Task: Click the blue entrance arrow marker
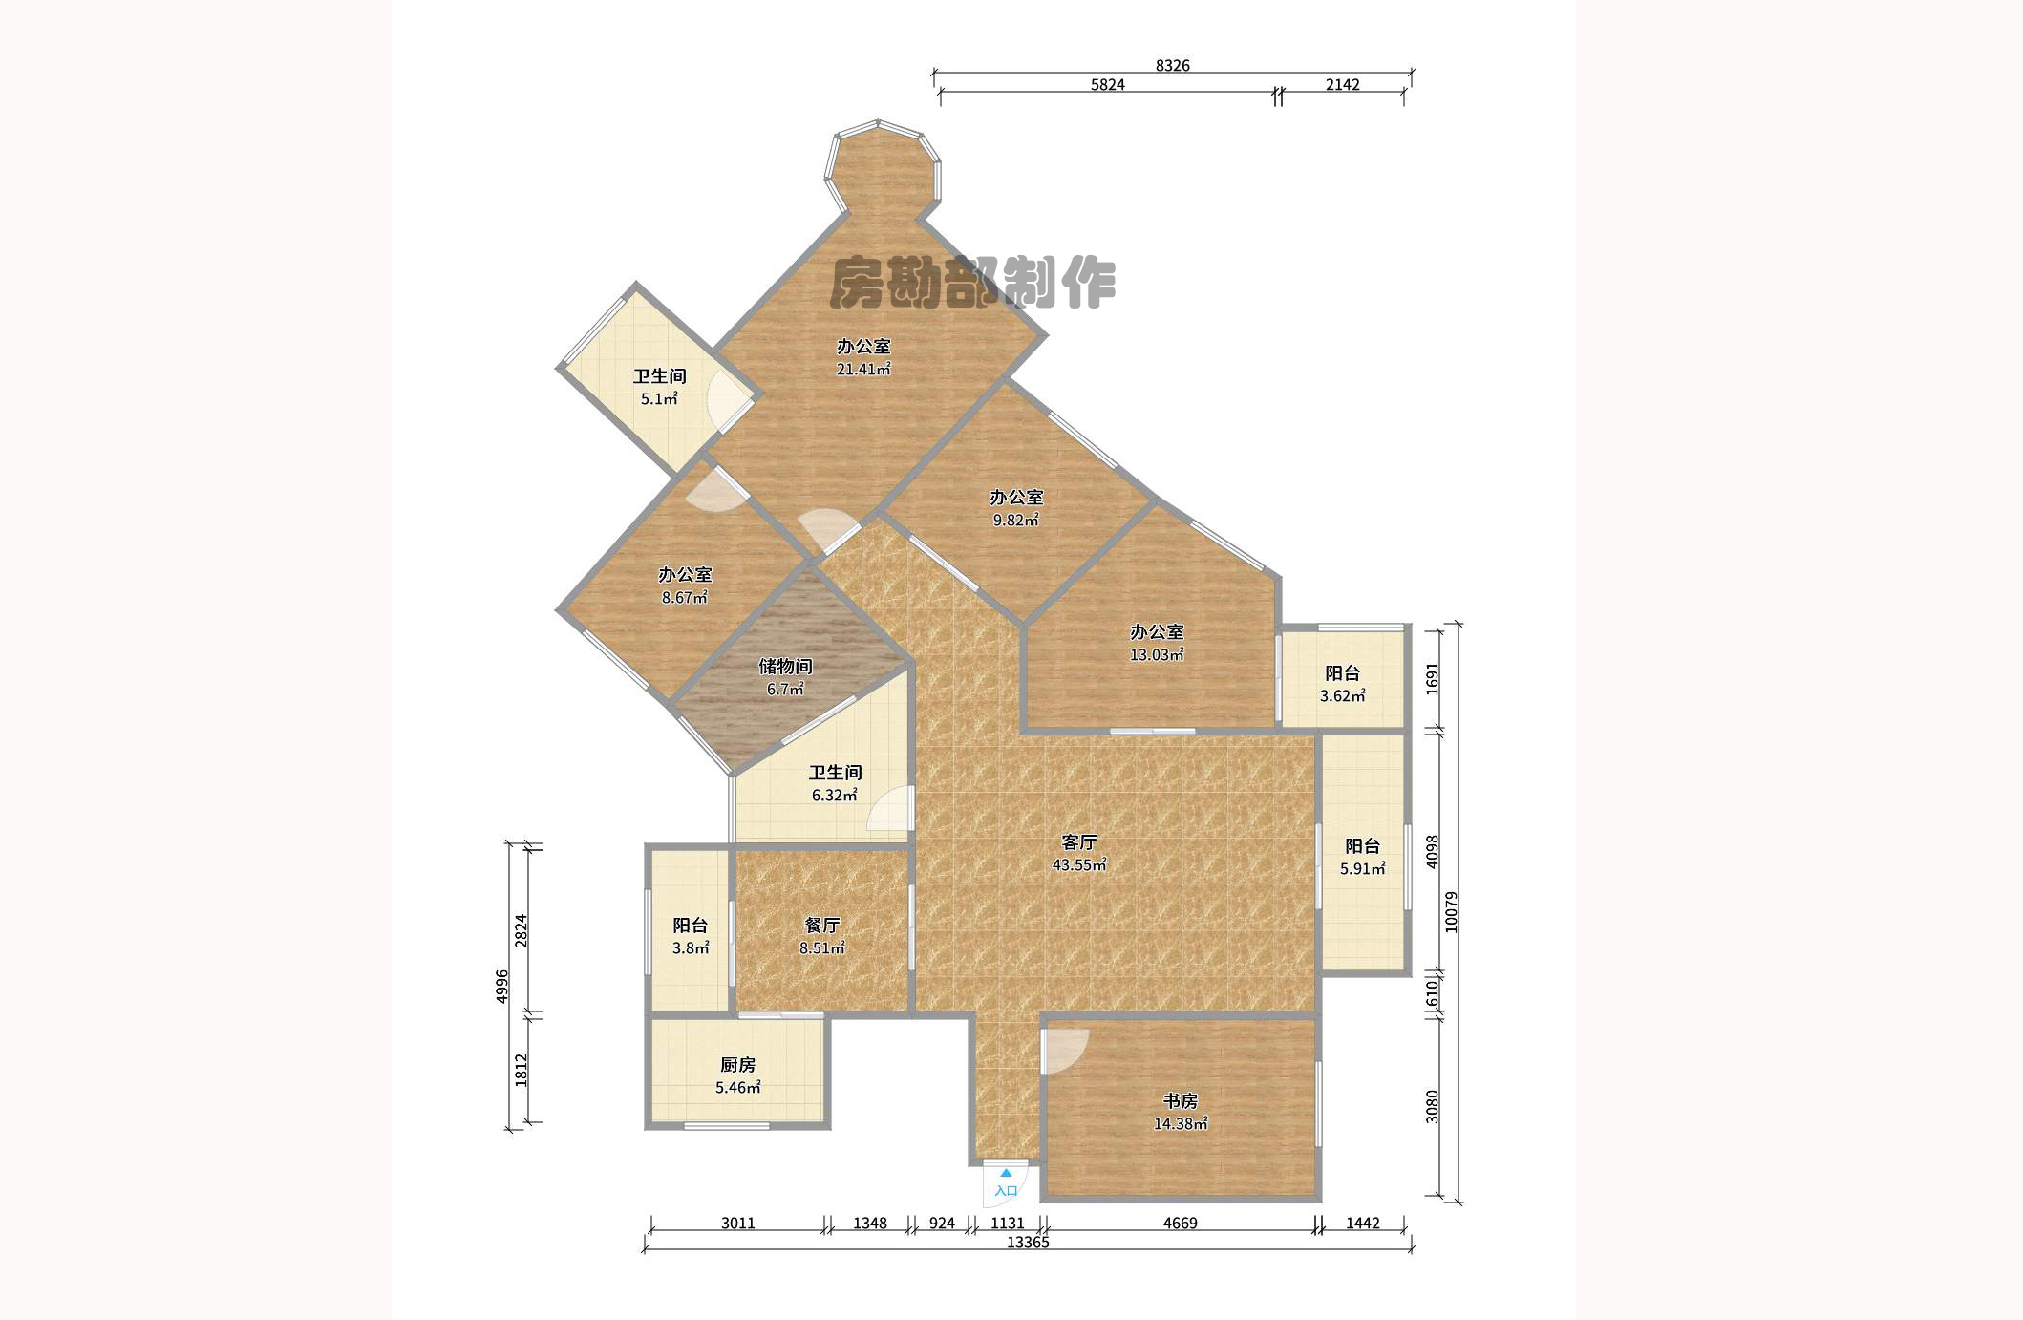[x=1006, y=1173]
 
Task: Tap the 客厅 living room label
[x=1079, y=842]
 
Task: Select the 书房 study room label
[x=1180, y=1101]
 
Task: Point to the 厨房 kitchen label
[x=737, y=1065]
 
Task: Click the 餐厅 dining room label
[x=821, y=926]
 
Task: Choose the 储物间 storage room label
[x=785, y=667]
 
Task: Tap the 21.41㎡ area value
[x=863, y=370]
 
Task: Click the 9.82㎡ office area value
[x=1015, y=521]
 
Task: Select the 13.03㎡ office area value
[x=1157, y=655]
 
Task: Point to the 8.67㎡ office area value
[x=685, y=598]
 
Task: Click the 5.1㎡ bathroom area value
[x=659, y=399]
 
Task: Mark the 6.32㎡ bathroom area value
[x=835, y=796]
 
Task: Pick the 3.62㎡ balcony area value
[x=1342, y=696]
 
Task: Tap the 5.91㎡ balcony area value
[x=1362, y=869]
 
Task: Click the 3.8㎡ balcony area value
[x=691, y=948]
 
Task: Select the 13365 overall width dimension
[x=1028, y=1243]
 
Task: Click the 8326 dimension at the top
[x=1173, y=66]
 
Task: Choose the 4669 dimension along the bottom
[x=1180, y=1224]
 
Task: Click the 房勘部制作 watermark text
[x=972, y=283]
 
